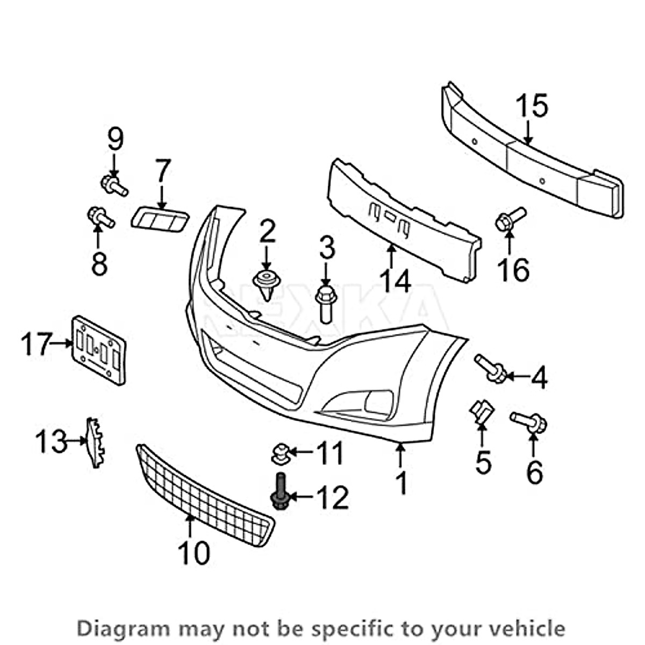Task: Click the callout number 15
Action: pyautogui.click(x=532, y=106)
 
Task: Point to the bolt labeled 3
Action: pyautogui.click(x=326, y=303)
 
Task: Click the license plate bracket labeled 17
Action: pyautogui.click(x=99, y=350)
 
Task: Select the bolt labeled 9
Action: pyautogui.click(x=113, y=185)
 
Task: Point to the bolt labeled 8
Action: pyautogui.click(x=100, y=217)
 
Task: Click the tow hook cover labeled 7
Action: pyautogui.click(x=159, y=220)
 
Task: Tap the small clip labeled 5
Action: pyautogui.click(x=481, y=411)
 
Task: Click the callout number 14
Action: pyautogui.click(x=395, y=281)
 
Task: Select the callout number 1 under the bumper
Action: pyautogui.click(x=402, y=483)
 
